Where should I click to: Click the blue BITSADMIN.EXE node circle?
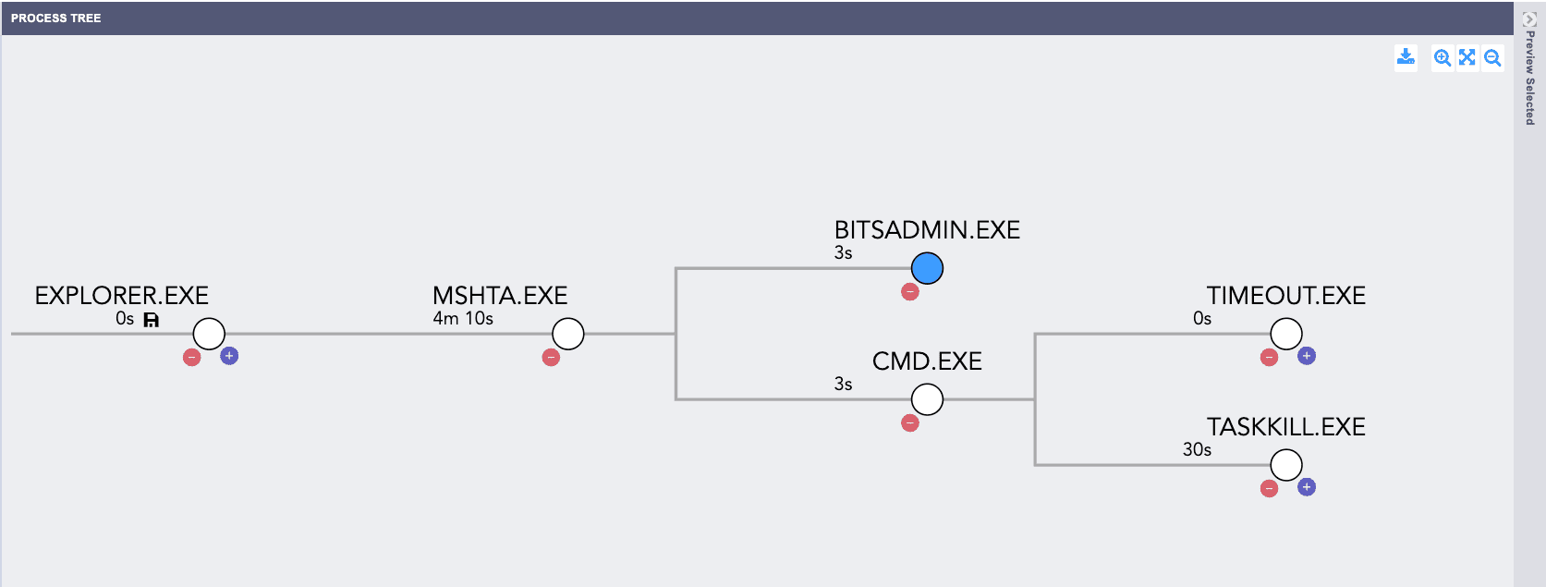point(927,268)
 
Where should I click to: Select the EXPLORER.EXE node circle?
point(209,334)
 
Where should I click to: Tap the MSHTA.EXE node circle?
point(567,334)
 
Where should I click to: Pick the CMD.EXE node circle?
point(927,399)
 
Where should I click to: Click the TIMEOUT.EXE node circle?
point(1286,334)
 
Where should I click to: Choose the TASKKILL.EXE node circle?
point(1286,465)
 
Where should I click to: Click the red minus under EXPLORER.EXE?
point(192,357)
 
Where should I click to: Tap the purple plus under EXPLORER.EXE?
point(229,356)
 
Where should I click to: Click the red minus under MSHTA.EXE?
point(551,357)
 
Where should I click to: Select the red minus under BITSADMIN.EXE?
point(910,292)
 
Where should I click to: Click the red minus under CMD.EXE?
point(910,423)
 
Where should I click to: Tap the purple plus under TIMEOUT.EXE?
point(1307,356)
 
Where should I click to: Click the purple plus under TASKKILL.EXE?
point(1307,487)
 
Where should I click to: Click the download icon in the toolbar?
point(1406,57)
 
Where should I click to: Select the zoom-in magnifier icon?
point(1442,57)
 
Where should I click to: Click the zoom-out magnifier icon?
point(1492,57)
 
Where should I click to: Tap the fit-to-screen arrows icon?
point(1467,57)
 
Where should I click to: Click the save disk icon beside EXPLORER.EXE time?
point(152,320)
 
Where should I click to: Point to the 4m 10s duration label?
point(463,319)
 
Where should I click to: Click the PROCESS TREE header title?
point(56,18)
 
